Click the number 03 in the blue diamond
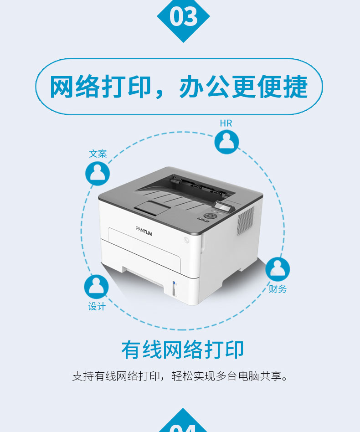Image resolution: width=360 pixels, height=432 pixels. click(x=184, y=16)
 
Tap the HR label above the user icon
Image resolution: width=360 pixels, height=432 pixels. click(x=226, y=123)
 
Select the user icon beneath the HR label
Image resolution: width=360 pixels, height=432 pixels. click(x=226, y=142)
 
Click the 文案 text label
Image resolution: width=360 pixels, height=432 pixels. click(x=98, y=154)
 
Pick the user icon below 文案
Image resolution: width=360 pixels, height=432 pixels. click(x=98, y=173)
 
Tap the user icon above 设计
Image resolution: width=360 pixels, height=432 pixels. click(x=96, y=287)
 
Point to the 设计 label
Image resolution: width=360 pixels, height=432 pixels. click(x=97, y=306)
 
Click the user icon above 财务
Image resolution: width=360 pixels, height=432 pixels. click(x=278, y=269)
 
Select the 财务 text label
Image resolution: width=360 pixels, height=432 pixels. click(x=278, y=289)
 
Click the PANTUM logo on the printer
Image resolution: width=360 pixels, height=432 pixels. click(x=144, y=231)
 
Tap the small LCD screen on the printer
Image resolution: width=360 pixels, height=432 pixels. click(x=223, y=206)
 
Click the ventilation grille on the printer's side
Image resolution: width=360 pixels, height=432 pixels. click(x=246, y=221)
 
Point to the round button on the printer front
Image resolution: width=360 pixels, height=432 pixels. click(x=186, y=240)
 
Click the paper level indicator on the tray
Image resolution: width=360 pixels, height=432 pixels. click(x=174, y=289)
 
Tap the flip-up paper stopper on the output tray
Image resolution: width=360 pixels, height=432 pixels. click(x=151, y=208)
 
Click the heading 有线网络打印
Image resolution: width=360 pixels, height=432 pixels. click(x=183, y=350)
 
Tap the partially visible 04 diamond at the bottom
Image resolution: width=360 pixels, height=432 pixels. click(x=183, y=422)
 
